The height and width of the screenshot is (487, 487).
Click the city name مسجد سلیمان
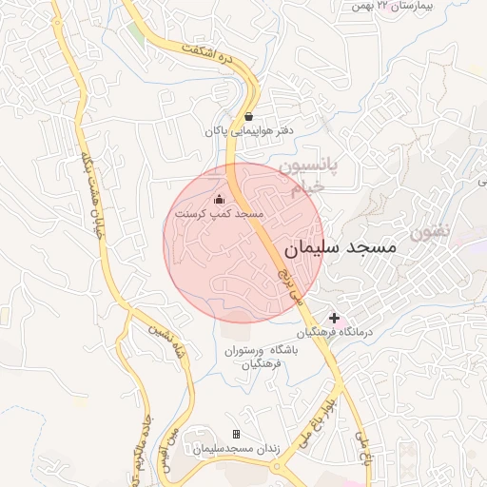340,245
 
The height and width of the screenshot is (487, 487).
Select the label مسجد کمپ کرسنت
219,216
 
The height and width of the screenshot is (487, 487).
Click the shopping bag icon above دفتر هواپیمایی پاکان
248,116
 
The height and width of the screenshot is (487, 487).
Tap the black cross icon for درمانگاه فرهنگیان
334,317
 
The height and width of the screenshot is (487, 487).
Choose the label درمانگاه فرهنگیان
337,333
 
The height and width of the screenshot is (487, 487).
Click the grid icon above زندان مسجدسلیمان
236,435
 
